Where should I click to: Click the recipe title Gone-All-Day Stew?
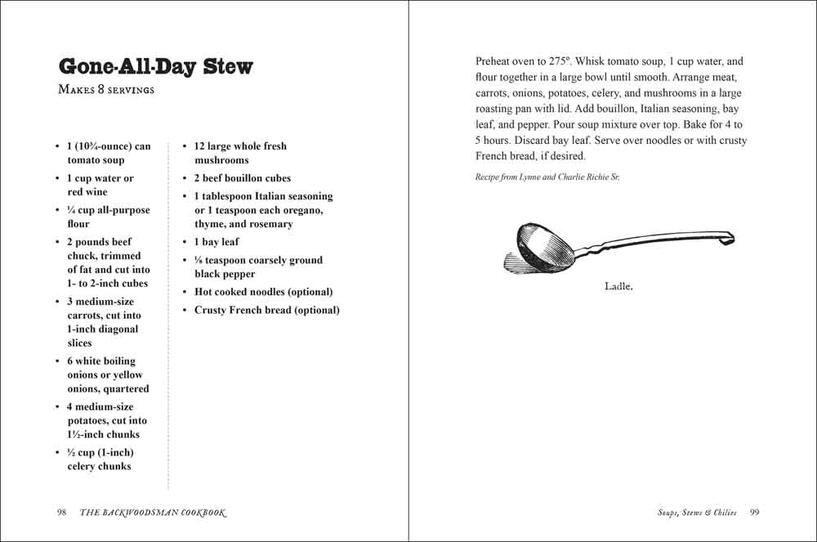tap(156, 66)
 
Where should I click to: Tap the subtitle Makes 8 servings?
tap(106, 90)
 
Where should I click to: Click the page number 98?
tap(61, 513)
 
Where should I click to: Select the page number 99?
tap(755, 513)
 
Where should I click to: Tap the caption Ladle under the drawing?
tap(618, 286)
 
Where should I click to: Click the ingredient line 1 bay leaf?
tap(217, 242)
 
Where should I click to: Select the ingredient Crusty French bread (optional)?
tap(266, 310)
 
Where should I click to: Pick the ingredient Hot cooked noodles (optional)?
tap(263, 292)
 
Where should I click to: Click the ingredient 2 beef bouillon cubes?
tap(242, 178)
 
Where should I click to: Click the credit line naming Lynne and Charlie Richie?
tap(547, 177)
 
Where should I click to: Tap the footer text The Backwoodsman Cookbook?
tap(153, 513)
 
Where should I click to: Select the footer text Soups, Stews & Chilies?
tap(697, 513)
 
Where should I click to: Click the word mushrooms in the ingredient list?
tap(221, 160)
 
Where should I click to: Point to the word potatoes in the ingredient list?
tap(90, 420)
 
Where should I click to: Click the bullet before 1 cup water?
tap(57, 178)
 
